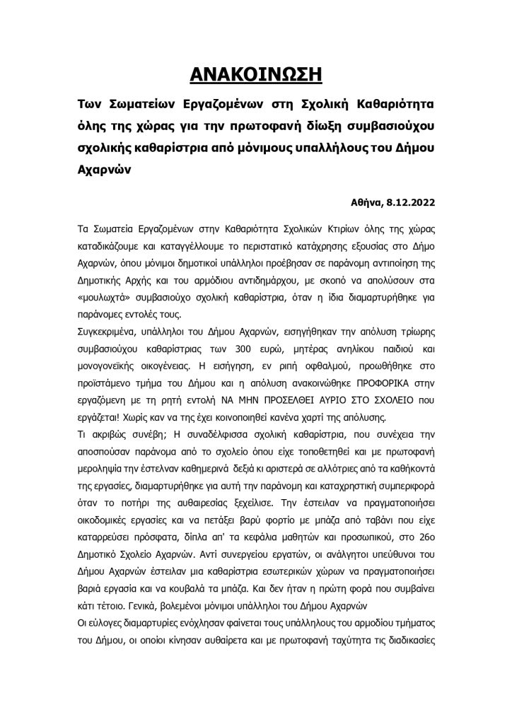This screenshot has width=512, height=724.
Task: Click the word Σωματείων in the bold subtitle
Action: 144,105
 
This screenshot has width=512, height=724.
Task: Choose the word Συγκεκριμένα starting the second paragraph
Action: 107,335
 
